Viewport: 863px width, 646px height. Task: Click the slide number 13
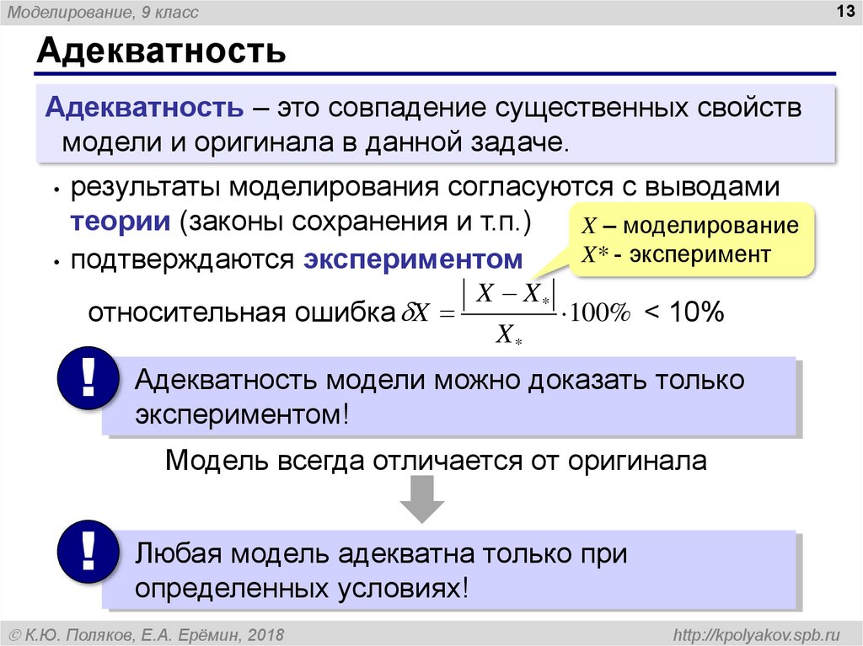click(x=844, y=11)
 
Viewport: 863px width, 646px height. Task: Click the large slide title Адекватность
click(x=161, y=51)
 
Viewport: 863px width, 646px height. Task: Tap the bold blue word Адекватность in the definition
click(x=144, y=107)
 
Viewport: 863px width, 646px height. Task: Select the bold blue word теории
click(x=121, y=222)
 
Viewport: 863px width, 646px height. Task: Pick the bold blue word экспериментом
click(x=413, y=259)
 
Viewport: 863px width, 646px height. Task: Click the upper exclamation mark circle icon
click(x=88, y=377)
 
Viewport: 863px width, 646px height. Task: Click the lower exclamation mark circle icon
click(x=88, y=552)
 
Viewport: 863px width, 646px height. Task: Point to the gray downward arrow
click(x=421, y=499)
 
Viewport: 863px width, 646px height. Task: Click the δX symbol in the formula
click(x=415, y=312)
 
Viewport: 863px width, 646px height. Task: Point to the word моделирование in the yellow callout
click(x=710, y=225)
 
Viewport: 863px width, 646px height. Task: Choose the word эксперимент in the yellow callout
click(x=700, y=254)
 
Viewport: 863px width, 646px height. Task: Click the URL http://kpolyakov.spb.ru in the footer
click(x=757, y=635)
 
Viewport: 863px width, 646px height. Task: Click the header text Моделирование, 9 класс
click(x=103, y=12)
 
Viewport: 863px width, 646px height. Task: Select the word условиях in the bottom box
click(x=402, y=588)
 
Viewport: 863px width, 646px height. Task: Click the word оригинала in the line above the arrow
click(x=637, y=460)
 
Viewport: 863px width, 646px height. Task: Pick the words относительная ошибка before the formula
click(x=242, y=312)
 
